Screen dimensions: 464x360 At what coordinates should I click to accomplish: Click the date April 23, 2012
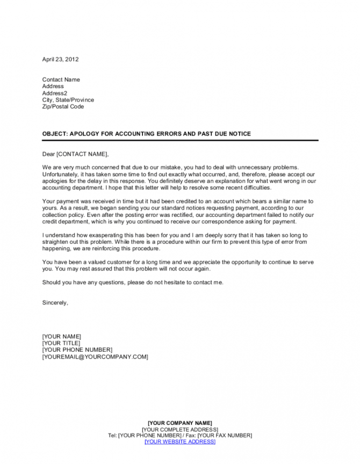[x=60, y=59]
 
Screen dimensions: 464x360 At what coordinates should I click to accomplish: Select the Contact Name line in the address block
[x=61, y=79]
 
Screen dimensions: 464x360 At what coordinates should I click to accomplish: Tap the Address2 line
[x=55, y=93]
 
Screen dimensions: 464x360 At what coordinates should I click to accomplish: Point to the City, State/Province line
[x=68, y=100]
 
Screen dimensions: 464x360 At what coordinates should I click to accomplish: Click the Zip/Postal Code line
[x=63, y=106]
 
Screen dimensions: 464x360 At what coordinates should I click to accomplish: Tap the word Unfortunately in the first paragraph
[x=61, y=175]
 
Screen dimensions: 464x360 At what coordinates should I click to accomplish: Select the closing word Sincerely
[x=55, y=302]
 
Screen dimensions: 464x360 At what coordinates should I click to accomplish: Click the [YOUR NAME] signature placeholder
[x=61, y=336]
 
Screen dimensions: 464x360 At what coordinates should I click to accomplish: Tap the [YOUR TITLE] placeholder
[x=61, y=343]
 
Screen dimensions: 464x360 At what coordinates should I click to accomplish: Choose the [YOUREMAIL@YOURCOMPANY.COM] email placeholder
[x=95, y=357]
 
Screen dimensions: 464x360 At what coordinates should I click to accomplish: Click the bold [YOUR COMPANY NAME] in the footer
[x=179, y=423]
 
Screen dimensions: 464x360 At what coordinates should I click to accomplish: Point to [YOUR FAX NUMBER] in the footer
[x=224, y=435]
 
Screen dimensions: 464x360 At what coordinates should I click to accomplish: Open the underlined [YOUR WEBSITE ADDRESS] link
[x=179, y=441]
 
